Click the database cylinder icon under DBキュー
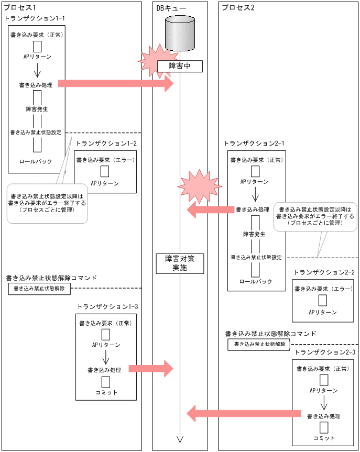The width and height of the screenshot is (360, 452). (x=180, y=33)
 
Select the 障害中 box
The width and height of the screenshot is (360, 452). (x=180, y=66)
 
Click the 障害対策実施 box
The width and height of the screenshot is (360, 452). (x=180, y=263)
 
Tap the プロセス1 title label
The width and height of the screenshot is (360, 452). (x=17, y=7)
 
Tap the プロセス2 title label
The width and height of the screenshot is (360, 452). (x=238, y=7)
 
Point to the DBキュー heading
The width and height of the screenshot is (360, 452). (x=171, y=7)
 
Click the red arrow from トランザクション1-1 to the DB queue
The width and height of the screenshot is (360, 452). (x=115, y=83)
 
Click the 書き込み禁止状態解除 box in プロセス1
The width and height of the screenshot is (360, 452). (x=39, y=288)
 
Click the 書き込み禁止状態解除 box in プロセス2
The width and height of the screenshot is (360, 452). (x=259, y=344)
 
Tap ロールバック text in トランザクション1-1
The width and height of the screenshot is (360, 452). (x=36, y=161)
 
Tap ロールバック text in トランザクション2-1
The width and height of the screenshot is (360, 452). (x=256, y=281)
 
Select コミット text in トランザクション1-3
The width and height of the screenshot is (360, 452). (x=106, y=392)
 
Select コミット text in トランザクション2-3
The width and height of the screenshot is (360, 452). (x=324, y=437)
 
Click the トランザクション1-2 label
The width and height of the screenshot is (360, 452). (x=106, y=143)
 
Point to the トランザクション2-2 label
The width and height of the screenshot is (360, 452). (x=324, y=272)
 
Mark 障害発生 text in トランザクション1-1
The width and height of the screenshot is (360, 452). (x=37, y=109)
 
